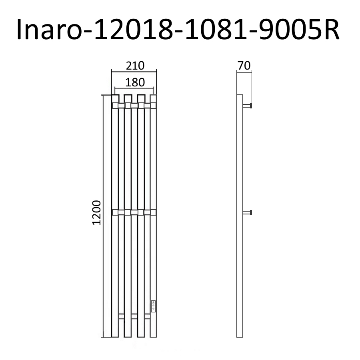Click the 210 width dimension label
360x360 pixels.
(x=135, y=66)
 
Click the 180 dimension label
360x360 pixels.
(x=135, y=82)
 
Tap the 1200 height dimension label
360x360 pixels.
(x=97, y=213)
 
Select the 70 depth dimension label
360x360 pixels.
(x=244, y=66)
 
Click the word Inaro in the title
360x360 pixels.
(x=49, y=29)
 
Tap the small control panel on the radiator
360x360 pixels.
(x=153, y=306)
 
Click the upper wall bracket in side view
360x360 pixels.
(x=247, y=106)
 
